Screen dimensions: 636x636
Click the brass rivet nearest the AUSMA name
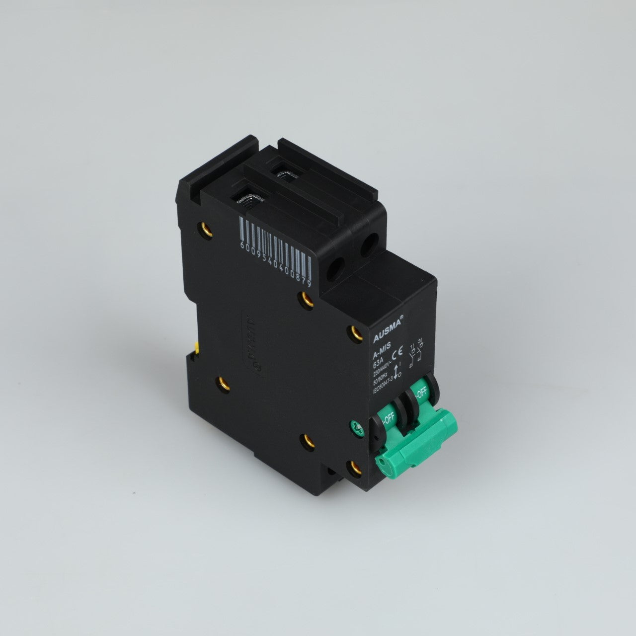(354, 331)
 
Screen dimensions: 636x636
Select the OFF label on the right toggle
(421, 393)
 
